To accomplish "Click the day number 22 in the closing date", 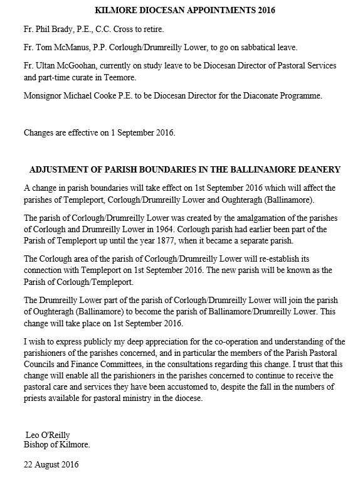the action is (29, 466).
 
